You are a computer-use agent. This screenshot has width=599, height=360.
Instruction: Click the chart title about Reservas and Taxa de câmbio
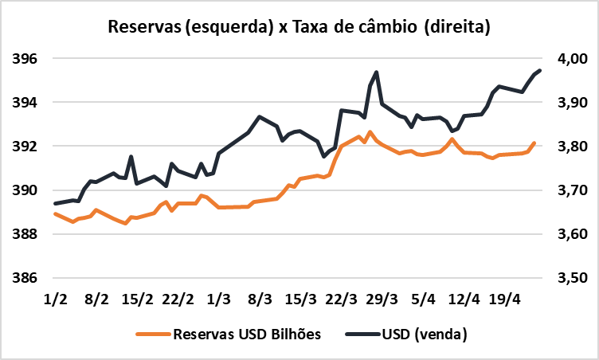coord(299,27)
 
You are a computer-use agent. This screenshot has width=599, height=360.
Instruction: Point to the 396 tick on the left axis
coord(25,59)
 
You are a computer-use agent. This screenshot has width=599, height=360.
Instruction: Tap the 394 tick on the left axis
coord(25,103)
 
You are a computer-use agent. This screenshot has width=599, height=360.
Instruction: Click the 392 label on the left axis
coord(25,147)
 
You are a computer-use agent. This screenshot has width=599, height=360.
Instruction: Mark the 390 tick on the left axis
coord(25,190)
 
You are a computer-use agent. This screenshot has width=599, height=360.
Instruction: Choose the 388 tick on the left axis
coord(25,235)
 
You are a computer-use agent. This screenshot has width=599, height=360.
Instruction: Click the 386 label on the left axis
coord(25,279)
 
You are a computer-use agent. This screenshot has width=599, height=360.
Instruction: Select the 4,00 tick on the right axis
coord(566,59)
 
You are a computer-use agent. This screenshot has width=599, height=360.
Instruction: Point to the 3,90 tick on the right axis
coord(566,103)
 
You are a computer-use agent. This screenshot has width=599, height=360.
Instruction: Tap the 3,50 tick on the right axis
coord(566,279)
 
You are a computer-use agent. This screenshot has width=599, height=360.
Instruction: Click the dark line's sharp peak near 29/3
coord(376,72)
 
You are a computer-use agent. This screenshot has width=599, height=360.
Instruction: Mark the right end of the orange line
coord(534,143)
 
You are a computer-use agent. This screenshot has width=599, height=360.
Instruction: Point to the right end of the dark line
coord(540,71)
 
